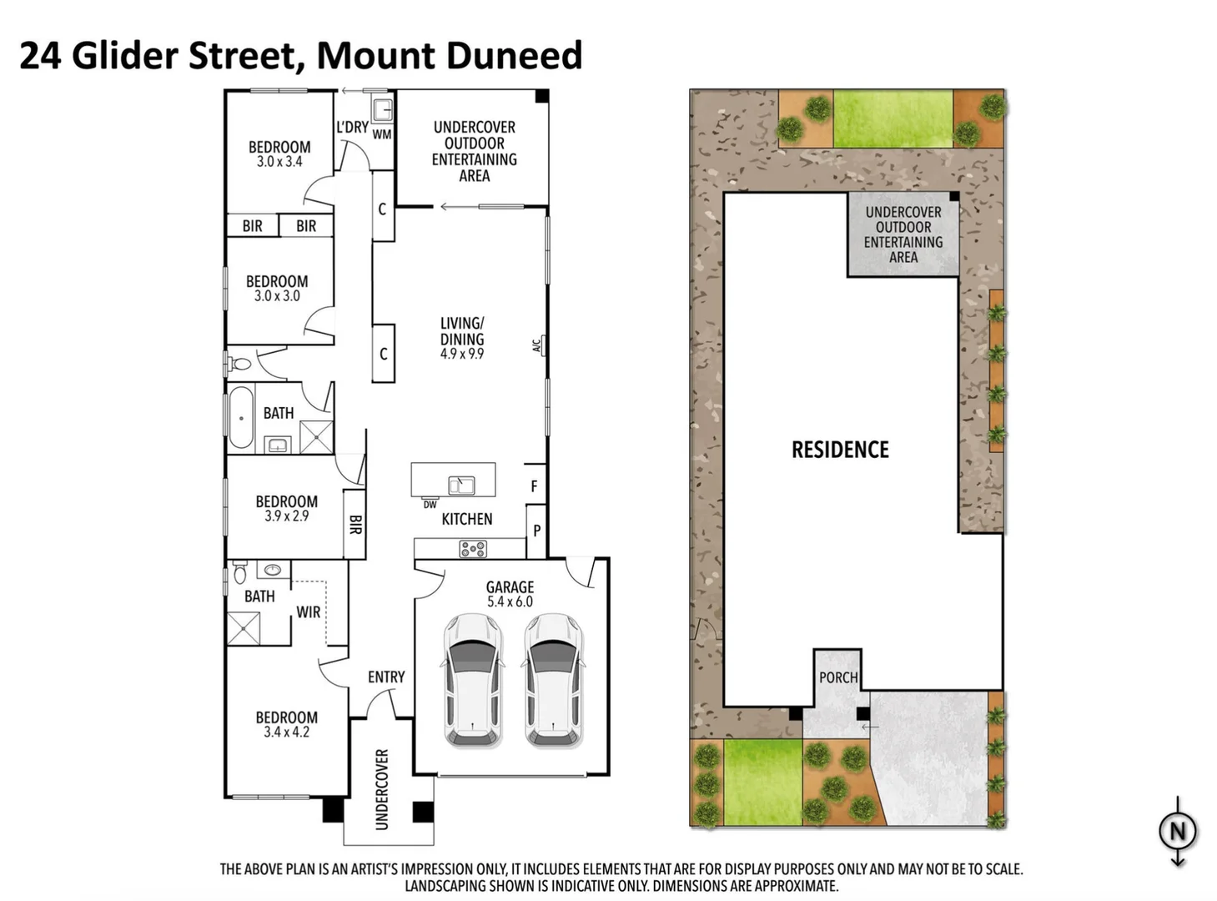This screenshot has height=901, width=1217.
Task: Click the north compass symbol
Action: pos(1177,831)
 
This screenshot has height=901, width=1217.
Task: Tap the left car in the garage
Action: pos(473,680)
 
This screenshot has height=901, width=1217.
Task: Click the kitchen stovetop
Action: pos(473,549)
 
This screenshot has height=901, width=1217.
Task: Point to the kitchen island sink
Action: pos(461,485)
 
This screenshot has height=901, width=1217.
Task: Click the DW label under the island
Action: pos(430,505)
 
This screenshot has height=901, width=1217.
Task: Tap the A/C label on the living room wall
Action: pos(537,344)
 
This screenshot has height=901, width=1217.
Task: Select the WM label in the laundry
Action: pos(381,134)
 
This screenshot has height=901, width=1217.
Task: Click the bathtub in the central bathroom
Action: pos(241,418)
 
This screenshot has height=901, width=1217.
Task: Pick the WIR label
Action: pos(308,612)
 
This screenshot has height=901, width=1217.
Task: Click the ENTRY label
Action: pos(386,677)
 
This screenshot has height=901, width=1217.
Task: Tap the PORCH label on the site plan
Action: pos(838,677)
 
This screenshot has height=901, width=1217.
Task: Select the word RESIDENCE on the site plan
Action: pos(840,450)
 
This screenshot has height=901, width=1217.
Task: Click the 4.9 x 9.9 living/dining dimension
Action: pos(462,354)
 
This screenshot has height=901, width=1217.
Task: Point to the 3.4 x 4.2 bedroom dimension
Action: pos(286,732)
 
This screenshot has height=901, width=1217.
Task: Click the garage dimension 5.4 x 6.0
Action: pos(510,602)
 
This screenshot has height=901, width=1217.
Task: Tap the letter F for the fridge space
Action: pos(535,486)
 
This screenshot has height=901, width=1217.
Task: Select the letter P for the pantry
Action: pos(536,531)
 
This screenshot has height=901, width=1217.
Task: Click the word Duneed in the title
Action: pos(515,56)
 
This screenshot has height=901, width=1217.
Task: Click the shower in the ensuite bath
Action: pos(244,628)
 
